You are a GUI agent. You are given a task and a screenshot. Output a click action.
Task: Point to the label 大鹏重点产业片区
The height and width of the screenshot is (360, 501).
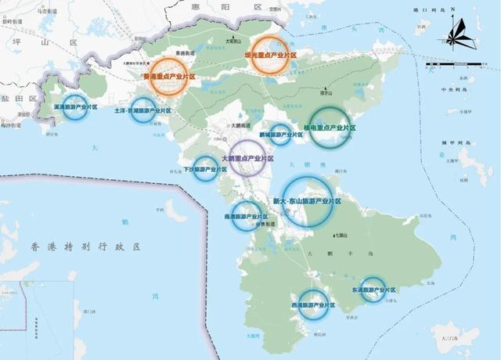click(x=248, y=158)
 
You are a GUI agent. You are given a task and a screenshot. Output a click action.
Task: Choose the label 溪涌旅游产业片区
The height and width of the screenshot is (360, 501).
click(x=74, y=106)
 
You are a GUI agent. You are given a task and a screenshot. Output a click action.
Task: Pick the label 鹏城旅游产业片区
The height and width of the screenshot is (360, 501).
click(x=280, y=135)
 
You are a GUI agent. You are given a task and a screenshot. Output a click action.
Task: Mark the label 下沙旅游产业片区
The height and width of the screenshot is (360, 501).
click(x=205, y=168)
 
